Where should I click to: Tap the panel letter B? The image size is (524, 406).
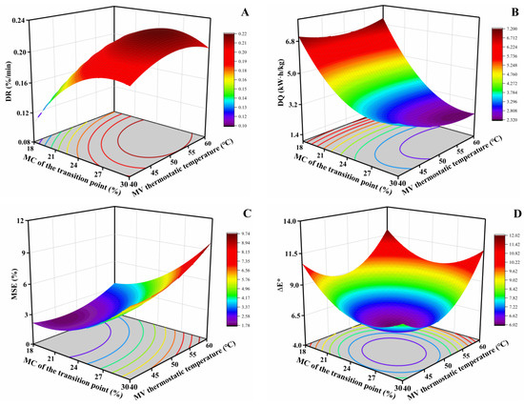pos(483,12)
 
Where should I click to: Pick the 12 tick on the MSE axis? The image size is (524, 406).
pos(31,222)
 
